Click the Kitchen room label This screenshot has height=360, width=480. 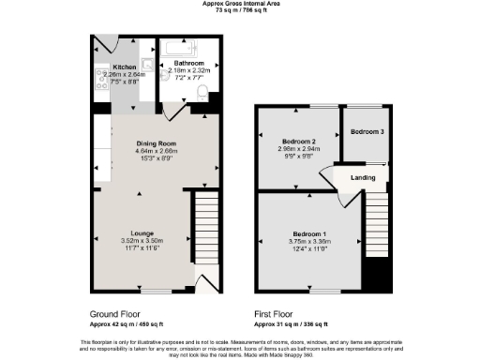click(x=125, y=68)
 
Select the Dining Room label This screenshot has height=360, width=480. click(x=157, y=143)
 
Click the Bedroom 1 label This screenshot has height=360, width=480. click(x=309, y=232)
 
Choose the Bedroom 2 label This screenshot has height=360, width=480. click(x=297, y=141)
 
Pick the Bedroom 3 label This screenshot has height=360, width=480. click(x=367, y=132)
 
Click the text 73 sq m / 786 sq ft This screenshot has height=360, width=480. click(x=239, y=10)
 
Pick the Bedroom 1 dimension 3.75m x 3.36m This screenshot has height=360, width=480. click(x=309, y=240)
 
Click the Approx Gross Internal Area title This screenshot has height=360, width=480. click(x=239, y=4)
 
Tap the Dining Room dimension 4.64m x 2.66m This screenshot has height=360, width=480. click(x=157, y=151)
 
